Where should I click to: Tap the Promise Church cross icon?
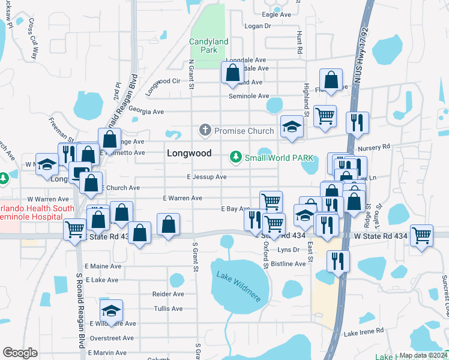pyautogui.click(x=205, y=130)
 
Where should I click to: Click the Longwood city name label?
pyautogui.click(x=189, y=153)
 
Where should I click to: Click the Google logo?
pyautogui.click(x=19, y=353)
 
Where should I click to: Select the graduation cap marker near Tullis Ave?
pyautogui.click(x=111, y=311)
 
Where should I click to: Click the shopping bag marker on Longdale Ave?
pyautogui.click(x=232, y=73)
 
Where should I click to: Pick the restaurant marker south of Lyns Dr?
pyautogui.click(x=338, y=261)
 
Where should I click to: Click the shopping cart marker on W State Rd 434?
pyautogui.click(x=421, y=235)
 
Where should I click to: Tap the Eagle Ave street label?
pyautogui.click(x=276, y=14)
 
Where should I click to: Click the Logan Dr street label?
pyautogui.click(x=259, y=26)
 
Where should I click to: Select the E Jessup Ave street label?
pyautogui.click(x=206, y=177)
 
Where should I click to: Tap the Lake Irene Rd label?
pyautogui.click(x=364, y=331)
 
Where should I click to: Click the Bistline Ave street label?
pyautogui.click(x=289, y=263)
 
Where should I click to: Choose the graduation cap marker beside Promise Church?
pyautogui.click(x=292, y=127)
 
